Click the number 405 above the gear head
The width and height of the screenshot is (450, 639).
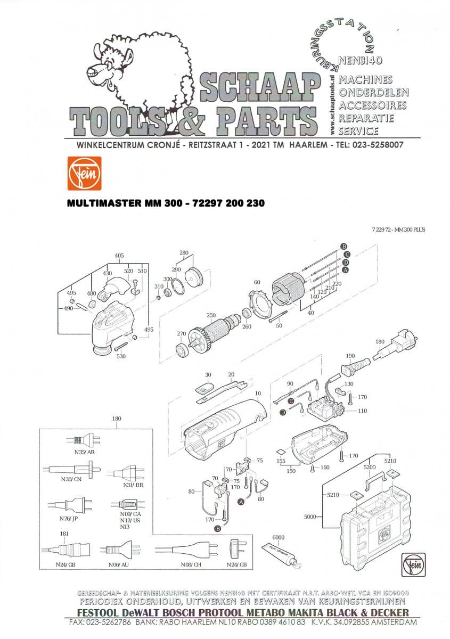point(119,256)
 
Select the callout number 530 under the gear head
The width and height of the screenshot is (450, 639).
point(121,356)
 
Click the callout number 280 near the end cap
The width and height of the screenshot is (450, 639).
point(184,252)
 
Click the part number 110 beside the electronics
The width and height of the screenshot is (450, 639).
point(363,411)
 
